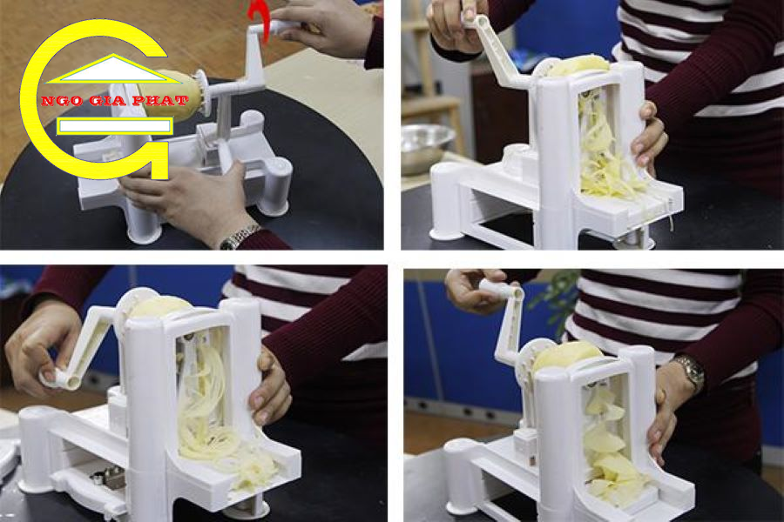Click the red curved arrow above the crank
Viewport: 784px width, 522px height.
click(260, 20)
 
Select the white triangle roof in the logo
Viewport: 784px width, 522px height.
click(113, 69)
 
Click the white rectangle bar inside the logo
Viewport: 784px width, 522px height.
click(114, 126)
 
